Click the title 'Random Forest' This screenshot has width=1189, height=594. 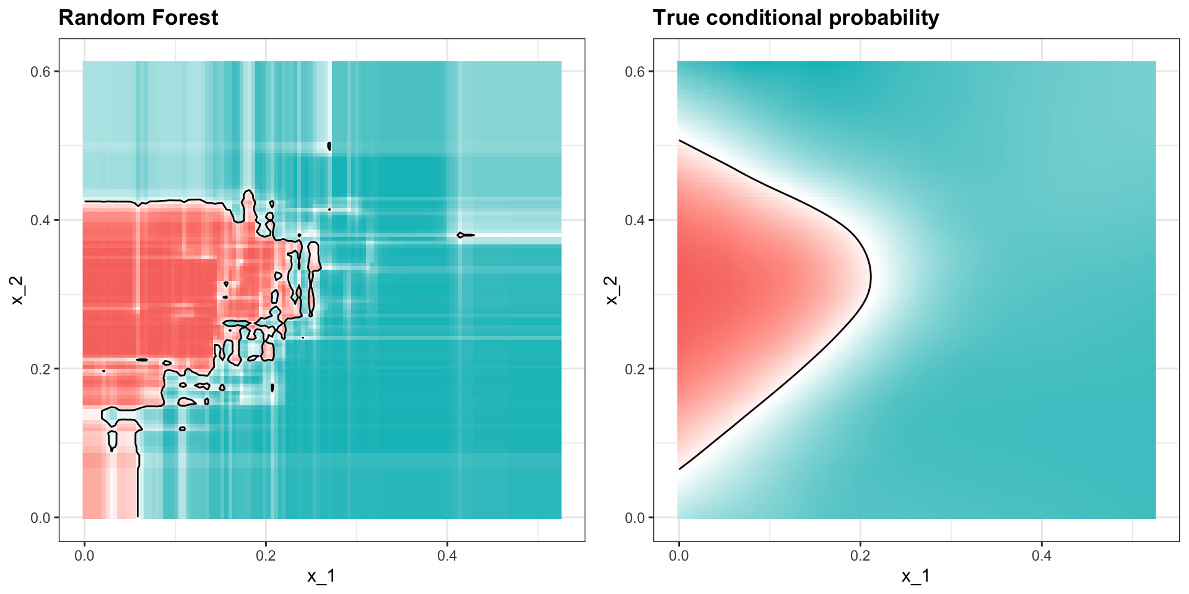pos(138,18)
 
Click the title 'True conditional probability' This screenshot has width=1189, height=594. pos(796,18)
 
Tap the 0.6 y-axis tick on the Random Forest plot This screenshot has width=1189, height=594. pos(41,72)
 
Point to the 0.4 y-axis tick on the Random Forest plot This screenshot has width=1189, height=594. pos(41,220)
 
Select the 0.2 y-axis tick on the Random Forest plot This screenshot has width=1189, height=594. pos(41,369)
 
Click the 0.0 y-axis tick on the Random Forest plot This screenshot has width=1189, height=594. pos(41,518)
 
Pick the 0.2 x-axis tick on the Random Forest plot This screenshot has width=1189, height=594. pos(266,556)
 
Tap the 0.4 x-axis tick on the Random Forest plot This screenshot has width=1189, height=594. pos(447,556)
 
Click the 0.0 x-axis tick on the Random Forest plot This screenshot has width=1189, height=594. pos(84,556)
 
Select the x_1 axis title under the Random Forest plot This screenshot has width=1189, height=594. pos(321,577)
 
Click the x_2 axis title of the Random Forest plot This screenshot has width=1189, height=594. pos(17,290)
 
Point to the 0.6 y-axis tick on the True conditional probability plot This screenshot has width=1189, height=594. pos(635,72)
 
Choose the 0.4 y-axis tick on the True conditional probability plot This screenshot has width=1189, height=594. pos(635,220)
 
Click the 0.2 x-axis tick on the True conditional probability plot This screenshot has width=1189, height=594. pos(860,556)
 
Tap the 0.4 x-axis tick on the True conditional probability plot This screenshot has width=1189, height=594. pos(1042,556)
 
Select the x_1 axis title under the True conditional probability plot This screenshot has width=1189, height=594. pos(916,577)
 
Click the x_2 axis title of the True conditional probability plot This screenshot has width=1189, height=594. pos(611,290)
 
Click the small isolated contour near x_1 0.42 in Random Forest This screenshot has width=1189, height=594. pos(465,235)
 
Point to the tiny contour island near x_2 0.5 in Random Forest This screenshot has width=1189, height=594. pos(329,147)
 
